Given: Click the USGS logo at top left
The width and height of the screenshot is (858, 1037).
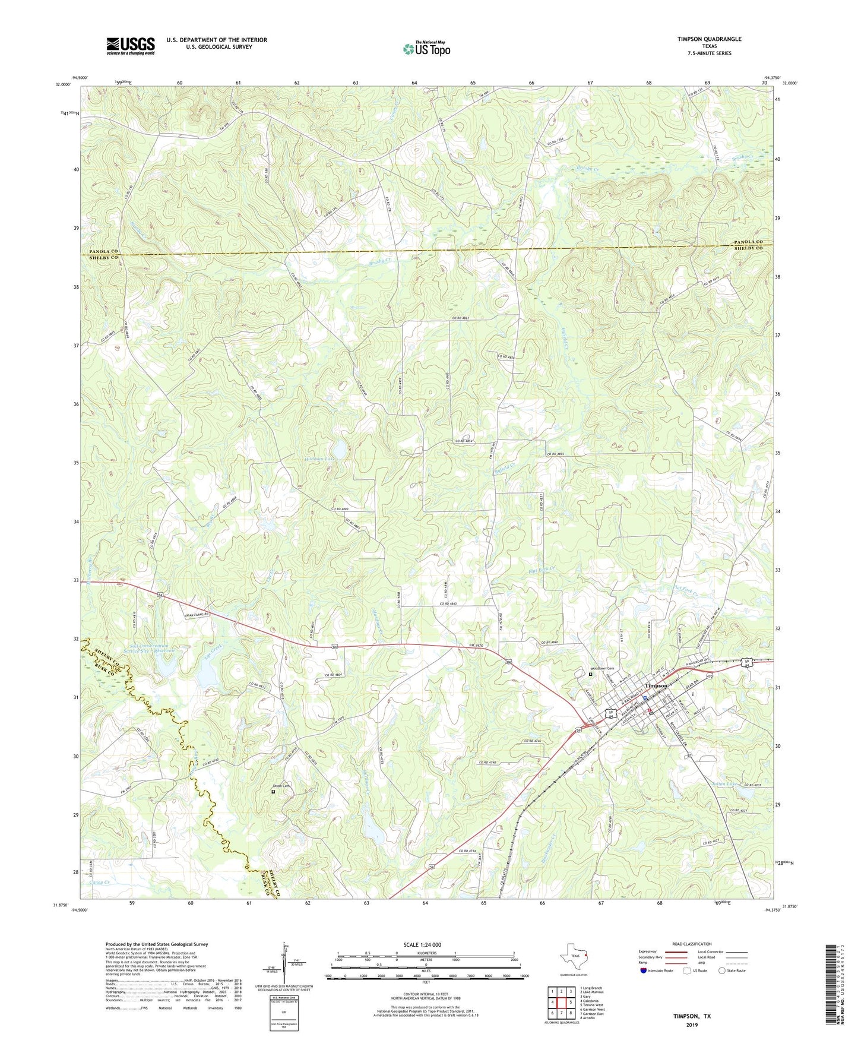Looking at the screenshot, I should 131,45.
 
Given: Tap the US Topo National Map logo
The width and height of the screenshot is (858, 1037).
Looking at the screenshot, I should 426,49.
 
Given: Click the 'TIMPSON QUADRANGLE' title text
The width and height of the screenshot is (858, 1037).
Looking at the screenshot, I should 709,39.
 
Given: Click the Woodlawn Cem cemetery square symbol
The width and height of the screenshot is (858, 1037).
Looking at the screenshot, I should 590,675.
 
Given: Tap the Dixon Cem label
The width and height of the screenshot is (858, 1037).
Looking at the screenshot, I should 281,786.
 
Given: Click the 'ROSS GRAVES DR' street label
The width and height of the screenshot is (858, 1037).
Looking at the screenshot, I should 673,732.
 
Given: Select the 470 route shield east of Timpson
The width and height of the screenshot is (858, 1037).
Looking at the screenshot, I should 708,675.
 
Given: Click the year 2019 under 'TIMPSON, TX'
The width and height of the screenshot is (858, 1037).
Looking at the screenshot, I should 691,1025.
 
